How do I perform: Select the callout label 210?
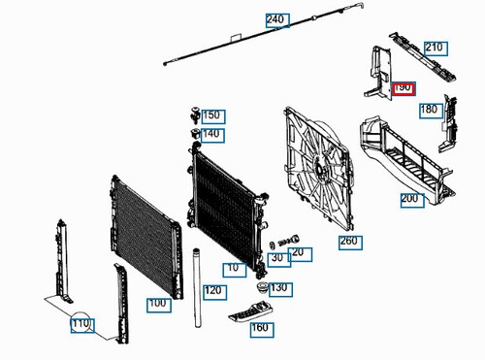(434, 47)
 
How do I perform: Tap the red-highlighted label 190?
(403, 88)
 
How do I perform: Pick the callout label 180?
(429, 110)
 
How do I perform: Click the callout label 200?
(410, 199)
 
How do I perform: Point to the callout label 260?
(348, 242)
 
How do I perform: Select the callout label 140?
(211, 134)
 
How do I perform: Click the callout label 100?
(157, 304)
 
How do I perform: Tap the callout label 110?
(81, 324)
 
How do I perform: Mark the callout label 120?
(213, 290)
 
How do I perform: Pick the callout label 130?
(279, 288)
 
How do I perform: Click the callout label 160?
(260, 328)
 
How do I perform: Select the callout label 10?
(233, 268)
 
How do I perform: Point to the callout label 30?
(276, 258)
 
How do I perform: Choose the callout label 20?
(297, 253)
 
